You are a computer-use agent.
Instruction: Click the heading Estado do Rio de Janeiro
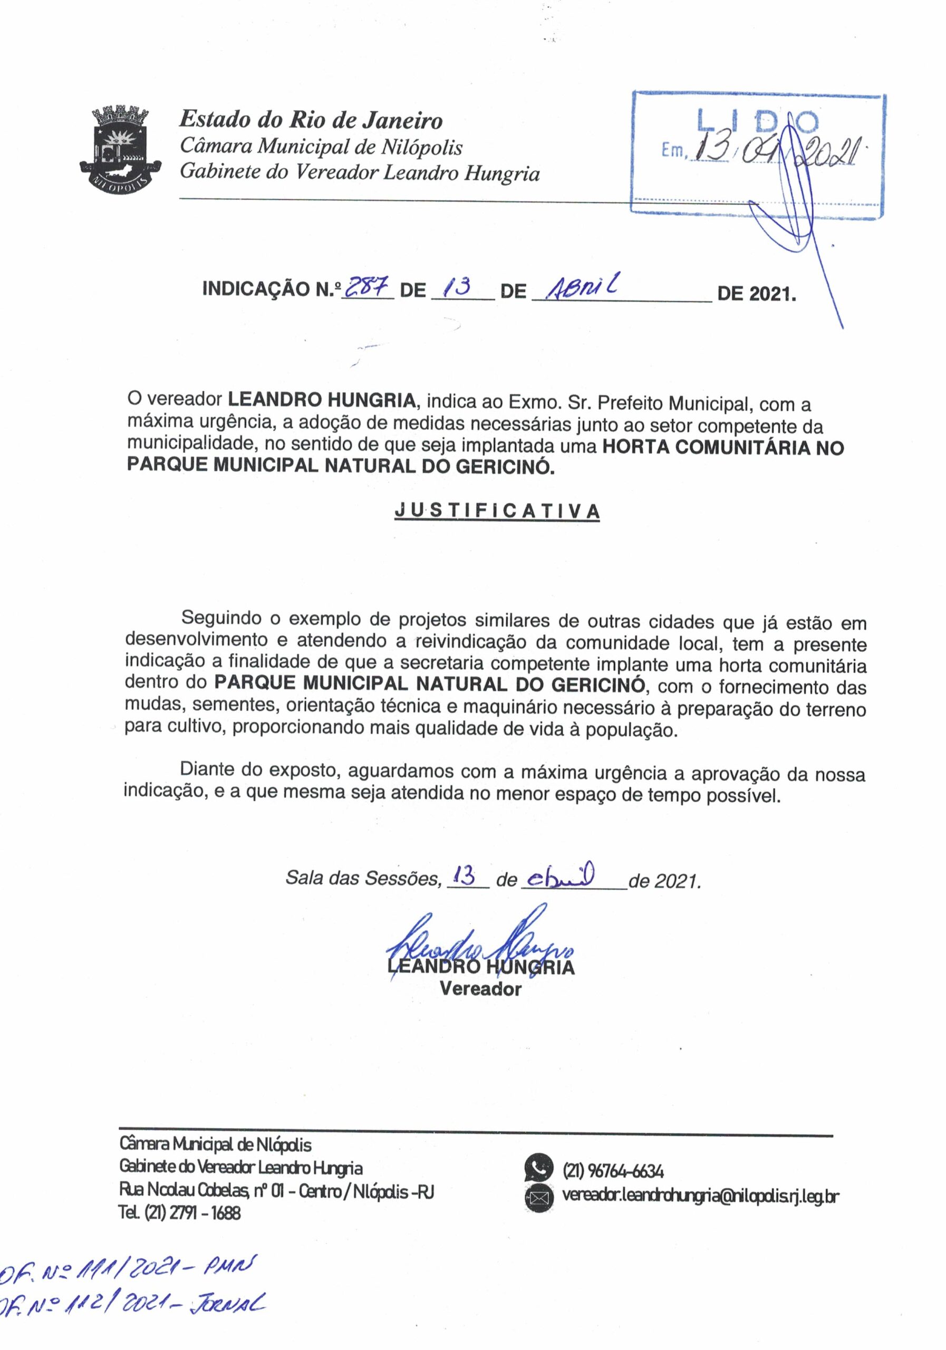311,120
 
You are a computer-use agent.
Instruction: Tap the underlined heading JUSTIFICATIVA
497,511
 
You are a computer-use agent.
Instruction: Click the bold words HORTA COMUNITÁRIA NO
723,448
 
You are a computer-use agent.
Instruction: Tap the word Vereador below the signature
480,989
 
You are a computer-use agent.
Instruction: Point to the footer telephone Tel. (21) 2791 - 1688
180,1213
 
